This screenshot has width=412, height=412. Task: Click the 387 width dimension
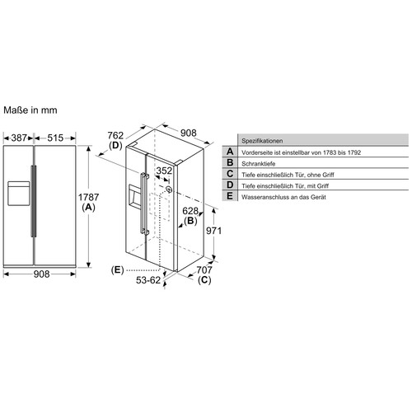[19, 138]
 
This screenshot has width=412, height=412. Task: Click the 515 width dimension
[55, 138]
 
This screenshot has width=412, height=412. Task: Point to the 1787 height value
[88, 197]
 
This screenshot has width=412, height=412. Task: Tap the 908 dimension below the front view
[41, 274]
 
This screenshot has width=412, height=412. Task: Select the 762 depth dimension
[115, 135]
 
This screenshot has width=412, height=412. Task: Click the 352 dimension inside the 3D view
[164, 171]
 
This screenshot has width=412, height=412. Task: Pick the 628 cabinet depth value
[190, 211]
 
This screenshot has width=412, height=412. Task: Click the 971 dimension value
[213, 231]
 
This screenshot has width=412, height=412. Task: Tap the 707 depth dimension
[204, 270]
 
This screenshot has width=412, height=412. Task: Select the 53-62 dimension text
[148, 280]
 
